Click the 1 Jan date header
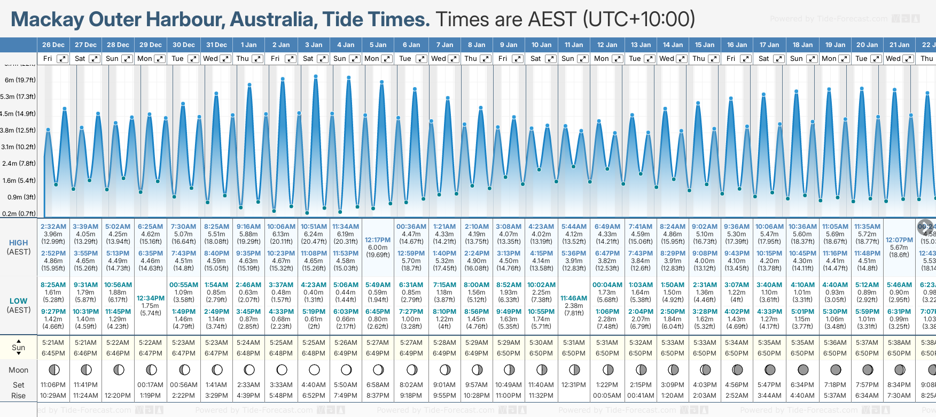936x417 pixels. point(248,45)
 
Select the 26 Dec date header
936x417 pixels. point(53,45)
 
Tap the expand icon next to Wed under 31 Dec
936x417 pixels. point(225,59)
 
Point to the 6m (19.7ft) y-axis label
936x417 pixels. point(20,80)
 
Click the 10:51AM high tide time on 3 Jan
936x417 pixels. point(314,227)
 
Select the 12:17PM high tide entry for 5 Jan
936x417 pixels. point(378,241)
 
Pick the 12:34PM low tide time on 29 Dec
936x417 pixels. point(151,298)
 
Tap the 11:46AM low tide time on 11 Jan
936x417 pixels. point(574,298)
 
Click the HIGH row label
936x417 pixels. point(19,243)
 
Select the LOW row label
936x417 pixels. point(19,301)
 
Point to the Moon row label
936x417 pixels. point(19,370)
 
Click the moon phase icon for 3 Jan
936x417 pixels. point(314,369)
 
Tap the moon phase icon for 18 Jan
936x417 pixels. point(802,369)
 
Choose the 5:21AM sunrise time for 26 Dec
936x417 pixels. point(53,343)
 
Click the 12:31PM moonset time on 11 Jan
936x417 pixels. point(574,385)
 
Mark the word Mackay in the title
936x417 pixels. point(47,20)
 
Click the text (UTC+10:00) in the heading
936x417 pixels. point(638,20)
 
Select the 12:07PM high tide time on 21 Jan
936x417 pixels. point(899,241)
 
